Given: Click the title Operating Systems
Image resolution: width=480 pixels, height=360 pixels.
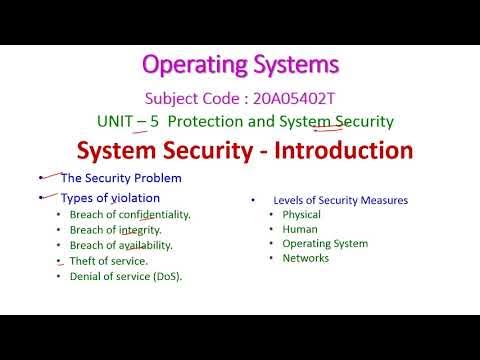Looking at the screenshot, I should (240, 65).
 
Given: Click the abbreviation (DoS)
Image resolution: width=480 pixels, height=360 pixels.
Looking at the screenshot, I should (173, 275).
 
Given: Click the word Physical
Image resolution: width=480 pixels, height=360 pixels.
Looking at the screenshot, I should (301, 214).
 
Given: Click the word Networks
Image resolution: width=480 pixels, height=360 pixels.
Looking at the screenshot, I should (304, 258).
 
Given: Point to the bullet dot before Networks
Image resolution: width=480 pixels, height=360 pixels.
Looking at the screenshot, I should (271, 258).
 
